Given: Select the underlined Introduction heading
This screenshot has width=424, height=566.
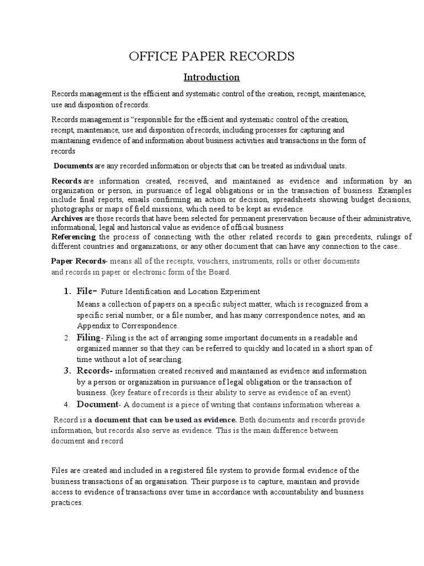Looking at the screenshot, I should (x=212, y=77).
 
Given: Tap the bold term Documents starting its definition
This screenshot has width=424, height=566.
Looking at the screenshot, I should (x=73, y=166).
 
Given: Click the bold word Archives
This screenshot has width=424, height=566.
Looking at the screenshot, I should (x=67, y=218).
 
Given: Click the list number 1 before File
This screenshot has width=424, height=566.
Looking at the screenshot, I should (x=66, y=291).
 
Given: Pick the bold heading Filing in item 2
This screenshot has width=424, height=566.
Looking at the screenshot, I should (x=88, y=337).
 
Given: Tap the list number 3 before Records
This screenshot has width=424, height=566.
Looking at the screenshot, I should (x=66, y=370).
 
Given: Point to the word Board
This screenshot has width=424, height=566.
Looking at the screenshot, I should (x=219, y=272).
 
